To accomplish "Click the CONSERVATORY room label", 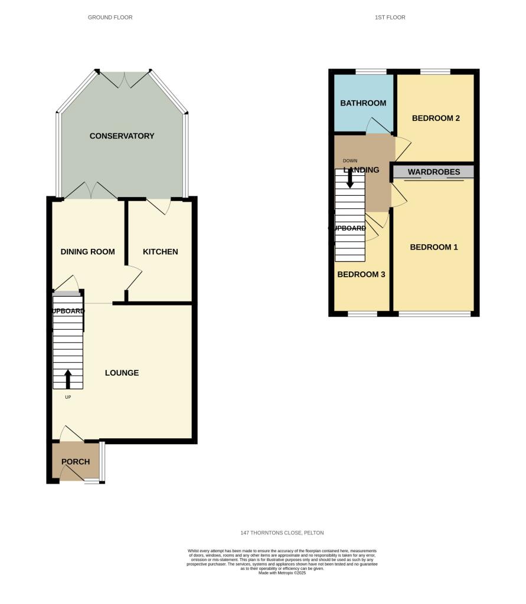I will coord(122,136).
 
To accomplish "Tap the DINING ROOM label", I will coord(87,252).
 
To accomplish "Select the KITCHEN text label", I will coord(160,252).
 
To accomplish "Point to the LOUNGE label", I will coord(122,373).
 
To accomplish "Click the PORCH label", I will coord(76,462).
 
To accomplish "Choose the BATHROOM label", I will coord(363,103).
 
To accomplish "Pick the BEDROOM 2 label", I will coord(436,118).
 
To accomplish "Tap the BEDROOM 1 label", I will coord(434,247).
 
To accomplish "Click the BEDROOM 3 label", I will coord(361,274).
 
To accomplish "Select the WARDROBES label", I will coord(434,172).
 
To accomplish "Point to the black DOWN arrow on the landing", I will coord(350,178).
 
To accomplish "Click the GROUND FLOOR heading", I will coord(110,18).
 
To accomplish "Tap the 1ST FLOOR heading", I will coord(390,18).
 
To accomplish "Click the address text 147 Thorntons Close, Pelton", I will coord(282,533).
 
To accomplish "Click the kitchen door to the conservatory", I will coord(159,205).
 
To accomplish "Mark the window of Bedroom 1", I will coord(434,314).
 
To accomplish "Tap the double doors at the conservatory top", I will coord(124,80).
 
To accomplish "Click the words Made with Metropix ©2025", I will coord(282,573).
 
